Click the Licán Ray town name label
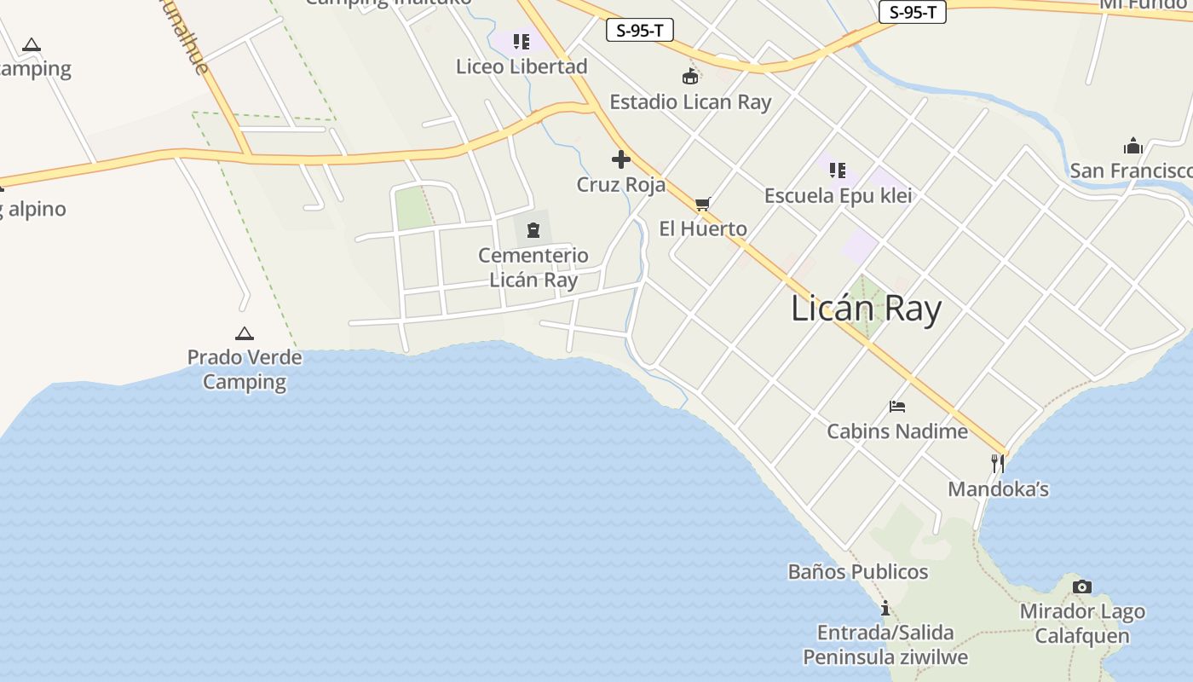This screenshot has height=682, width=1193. click(866, 309)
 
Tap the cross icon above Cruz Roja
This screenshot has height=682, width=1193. click(621, 159)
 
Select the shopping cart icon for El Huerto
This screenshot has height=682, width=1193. click(703, 204)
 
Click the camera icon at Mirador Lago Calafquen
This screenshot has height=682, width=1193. click(1082, 587)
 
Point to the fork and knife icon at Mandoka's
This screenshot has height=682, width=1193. click(997, 464)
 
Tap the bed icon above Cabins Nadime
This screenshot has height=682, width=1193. click(897, 407)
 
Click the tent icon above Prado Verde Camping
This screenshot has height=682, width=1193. click(245, 333)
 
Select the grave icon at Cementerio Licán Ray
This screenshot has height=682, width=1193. click(533, 229)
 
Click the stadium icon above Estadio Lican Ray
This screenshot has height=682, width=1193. click(690, 77)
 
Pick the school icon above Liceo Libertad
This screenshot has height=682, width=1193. click(522, 41)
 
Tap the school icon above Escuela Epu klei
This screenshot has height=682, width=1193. click(838, 170)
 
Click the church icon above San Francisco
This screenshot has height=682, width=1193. click(1132, 146)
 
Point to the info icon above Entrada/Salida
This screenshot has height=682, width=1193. click(885, 608)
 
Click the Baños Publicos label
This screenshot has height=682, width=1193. click(858, 572)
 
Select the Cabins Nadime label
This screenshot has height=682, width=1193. click(897, 431)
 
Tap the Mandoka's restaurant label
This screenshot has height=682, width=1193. click(998, 489)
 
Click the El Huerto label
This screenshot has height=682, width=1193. click(703, 228)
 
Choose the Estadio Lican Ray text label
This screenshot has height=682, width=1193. click(690, 102)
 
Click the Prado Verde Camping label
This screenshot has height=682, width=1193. click(245, 369)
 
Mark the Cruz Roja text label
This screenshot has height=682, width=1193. click(621, 184)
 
